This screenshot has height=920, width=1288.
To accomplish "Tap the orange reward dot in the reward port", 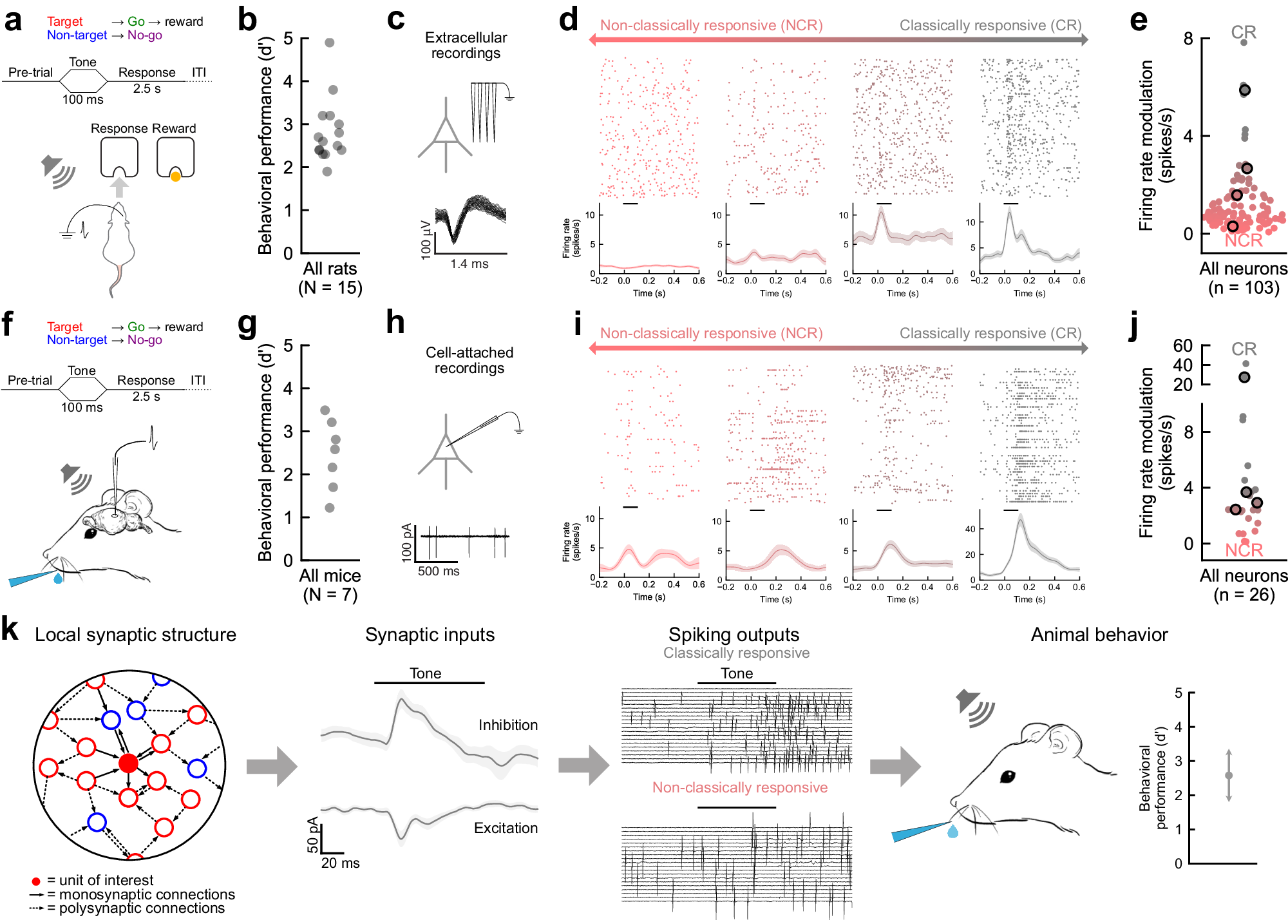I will (175, 176).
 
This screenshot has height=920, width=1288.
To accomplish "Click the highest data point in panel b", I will (330, 43).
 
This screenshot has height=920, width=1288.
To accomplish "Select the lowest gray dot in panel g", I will (330, 508).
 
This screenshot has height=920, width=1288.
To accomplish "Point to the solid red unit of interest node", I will (128, 763).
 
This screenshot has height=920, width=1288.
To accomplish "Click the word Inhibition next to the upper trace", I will (507, 725).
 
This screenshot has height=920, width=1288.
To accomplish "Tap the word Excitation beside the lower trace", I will (506, 828).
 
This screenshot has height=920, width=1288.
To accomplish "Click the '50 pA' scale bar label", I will (313, 835).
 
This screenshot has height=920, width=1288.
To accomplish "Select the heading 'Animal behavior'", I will (1099, 635).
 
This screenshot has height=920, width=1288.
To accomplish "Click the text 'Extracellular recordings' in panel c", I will (466, 45).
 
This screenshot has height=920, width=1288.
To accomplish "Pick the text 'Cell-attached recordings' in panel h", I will (469, 360).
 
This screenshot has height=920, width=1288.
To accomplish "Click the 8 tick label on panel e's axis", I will (1188, 39).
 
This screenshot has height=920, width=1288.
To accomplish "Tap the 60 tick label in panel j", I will (1182, 346).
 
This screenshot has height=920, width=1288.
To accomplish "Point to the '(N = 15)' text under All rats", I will (330, 287).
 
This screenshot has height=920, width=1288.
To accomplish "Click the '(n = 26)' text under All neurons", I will (1244, 595).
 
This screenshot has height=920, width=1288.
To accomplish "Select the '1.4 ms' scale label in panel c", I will (469, 264).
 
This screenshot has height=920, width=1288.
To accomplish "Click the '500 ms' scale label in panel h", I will (438, 571).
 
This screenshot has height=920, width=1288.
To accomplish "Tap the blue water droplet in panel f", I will (58, 579).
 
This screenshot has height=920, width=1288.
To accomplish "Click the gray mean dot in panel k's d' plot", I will (1228, 776).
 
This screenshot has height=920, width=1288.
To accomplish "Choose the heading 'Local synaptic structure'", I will (135, 635).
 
